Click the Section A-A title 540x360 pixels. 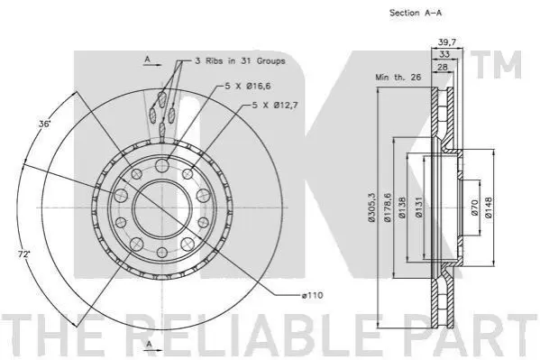[416, 13]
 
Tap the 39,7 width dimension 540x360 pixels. [447, 42]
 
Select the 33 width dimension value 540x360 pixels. [444, 54]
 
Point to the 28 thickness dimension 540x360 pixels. [443, 67]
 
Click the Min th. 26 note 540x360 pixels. [398, 77]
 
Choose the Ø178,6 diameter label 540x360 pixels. [388, 207]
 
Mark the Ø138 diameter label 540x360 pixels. [402, 208]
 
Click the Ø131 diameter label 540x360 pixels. [418, 207]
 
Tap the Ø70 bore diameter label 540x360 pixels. [474, 208]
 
